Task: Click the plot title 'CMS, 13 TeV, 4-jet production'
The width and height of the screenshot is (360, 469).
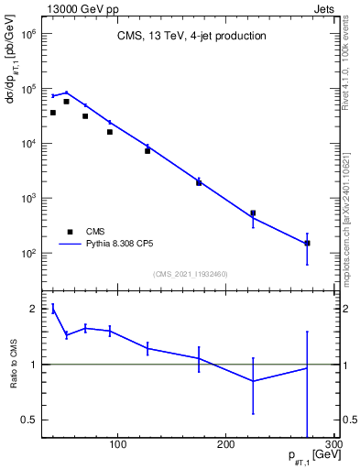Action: [191, 37]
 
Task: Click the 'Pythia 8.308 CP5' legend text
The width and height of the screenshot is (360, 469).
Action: [124, 245]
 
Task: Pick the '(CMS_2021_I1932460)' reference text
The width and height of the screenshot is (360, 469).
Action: [191, 274]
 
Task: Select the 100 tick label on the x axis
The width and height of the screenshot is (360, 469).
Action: [117, 445]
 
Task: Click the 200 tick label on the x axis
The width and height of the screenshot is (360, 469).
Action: [225, 445]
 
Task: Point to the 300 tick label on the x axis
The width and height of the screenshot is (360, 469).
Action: [333, 445]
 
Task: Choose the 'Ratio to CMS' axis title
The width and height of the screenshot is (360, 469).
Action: [15, 365]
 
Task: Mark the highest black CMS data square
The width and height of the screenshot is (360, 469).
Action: [67, 102]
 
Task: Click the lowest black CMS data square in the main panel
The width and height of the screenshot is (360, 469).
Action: [307, 243]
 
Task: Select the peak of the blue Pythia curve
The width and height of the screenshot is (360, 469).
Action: [67, 92]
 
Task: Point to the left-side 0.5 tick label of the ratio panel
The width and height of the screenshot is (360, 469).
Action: [30, 420]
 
